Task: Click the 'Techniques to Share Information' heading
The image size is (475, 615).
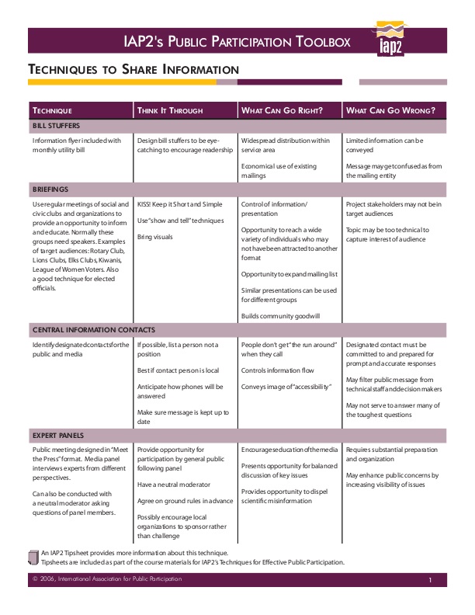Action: point(133,70)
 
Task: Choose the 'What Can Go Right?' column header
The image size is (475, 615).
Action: point(282,109)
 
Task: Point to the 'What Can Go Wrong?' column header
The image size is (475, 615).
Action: point(390,109)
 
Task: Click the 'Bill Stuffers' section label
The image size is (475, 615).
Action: point(56,125)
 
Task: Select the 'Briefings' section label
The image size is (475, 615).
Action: point(50,189)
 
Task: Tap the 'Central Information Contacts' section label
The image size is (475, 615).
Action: point(88,329)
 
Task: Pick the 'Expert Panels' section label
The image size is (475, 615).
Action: point(58,435)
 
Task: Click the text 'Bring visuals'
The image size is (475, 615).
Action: point(155,236)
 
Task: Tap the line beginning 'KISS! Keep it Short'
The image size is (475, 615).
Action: point(180,204)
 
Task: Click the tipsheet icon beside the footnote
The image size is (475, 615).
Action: point(33,556)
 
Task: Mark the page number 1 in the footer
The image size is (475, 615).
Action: point(429,581)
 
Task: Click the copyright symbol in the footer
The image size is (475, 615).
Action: point(36,580)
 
